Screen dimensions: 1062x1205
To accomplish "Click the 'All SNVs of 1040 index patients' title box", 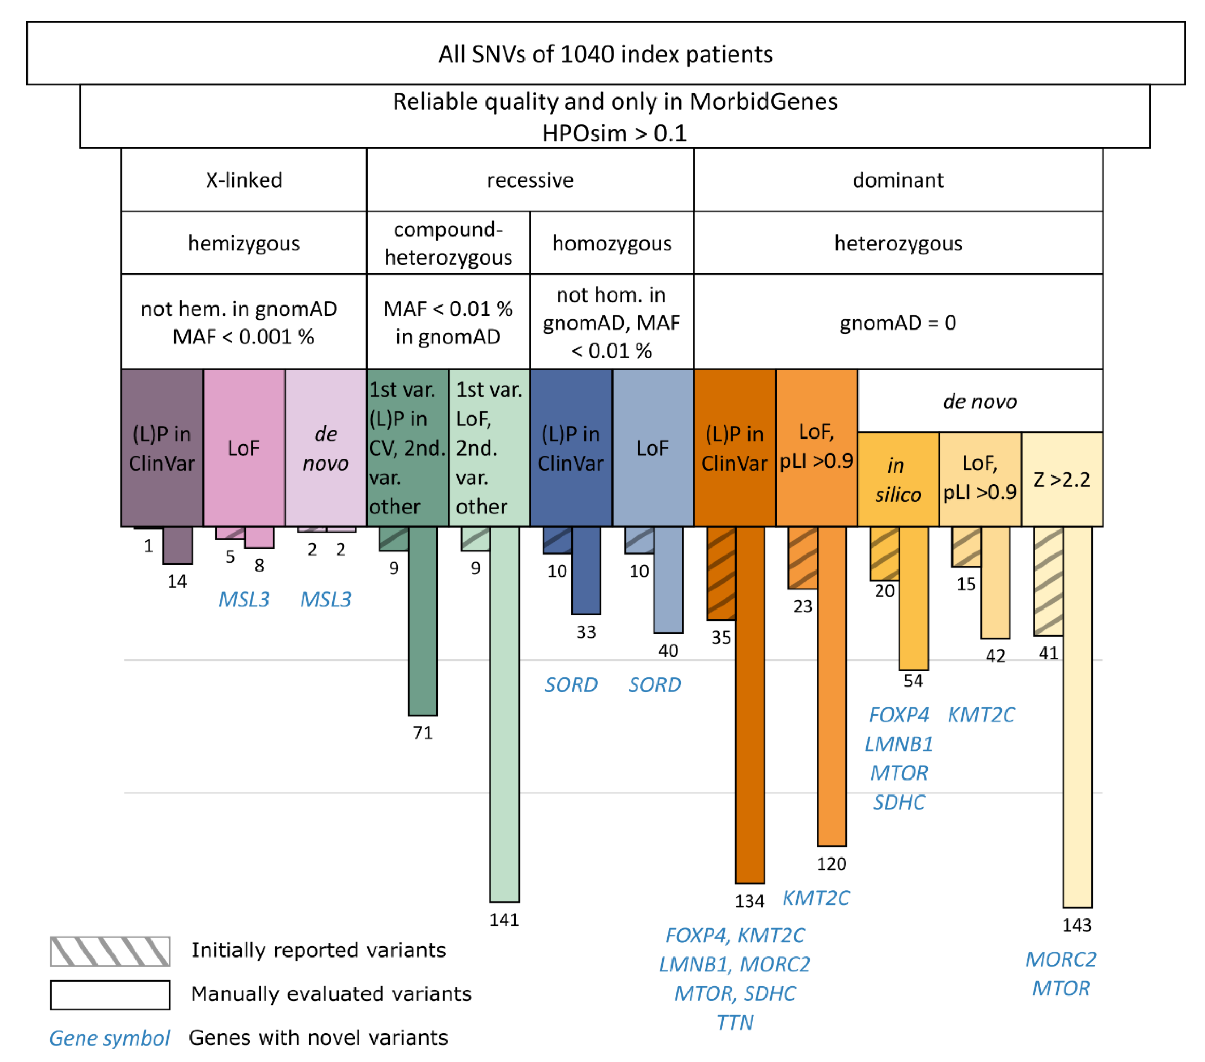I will [x=605, y=54].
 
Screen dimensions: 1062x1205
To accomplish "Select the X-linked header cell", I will [x=243, y=180].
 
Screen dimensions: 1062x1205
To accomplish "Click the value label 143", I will [x=1076, y=925].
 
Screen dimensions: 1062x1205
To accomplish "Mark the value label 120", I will [x=831, y=864].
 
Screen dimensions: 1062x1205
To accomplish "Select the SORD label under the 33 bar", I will [x=571, y=685].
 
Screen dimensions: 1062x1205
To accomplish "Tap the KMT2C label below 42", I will [x=981, y=715].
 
